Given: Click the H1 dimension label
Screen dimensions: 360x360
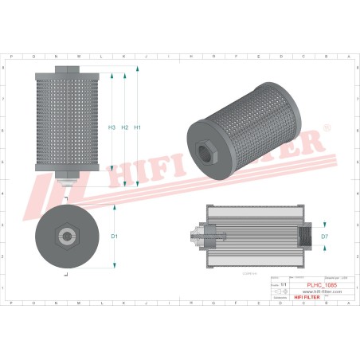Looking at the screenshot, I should point(138,128).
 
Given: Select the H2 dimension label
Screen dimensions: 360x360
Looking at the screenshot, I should point(125,128).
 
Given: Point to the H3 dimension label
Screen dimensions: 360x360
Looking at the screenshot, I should point(112,128).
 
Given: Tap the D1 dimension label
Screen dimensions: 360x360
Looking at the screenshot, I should point(115,237).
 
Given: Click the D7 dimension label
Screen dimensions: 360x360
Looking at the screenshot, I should point(324,237).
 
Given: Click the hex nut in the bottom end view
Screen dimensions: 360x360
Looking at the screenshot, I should point(65,236).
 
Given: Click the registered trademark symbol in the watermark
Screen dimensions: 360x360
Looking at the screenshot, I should point(326,127).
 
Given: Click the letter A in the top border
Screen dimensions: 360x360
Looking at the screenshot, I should point(347,57).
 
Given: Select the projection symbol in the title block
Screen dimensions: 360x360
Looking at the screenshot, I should point(280,293).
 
